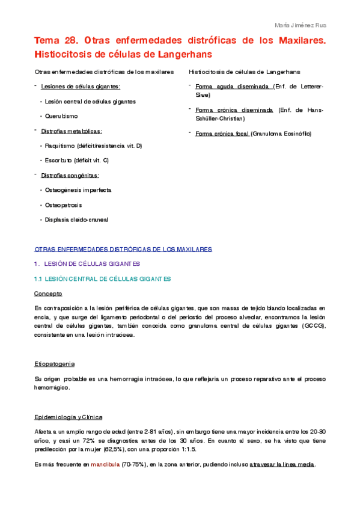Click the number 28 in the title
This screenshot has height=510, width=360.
click(68, 41)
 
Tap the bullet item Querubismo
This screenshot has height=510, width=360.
click(61, 116)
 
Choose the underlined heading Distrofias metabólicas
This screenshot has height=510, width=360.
click(72, 131)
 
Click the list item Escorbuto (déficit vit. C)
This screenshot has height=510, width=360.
click(76, 161)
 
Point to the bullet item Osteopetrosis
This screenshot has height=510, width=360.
click(63, 205)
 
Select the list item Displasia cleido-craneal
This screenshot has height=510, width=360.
click(76, 220)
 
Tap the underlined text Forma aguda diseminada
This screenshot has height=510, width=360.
click(232, 87)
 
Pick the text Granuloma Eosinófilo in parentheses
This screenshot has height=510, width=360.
click(281, 134)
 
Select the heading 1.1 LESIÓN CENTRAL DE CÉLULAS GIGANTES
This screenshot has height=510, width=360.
click(103, 278)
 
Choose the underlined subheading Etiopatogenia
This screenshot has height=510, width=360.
click(55, 364)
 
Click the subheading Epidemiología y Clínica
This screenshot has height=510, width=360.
click(69, 417)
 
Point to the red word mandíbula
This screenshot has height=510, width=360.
click(105, 465)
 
